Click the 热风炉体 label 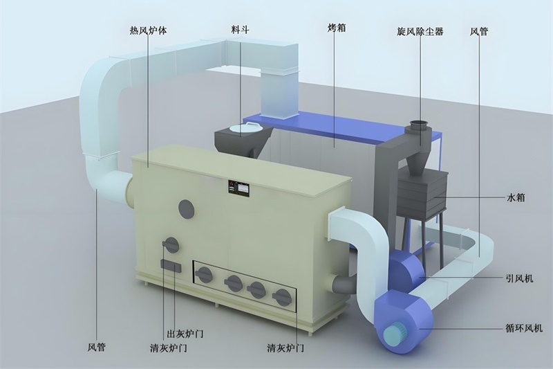pos(148,30)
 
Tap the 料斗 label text pos(240,30)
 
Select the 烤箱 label pos(337,28)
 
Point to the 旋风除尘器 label pos(420,31)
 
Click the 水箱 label pos(516,198)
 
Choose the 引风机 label pos(520,278)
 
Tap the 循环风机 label pos(524,328)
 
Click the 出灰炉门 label pos(185,333)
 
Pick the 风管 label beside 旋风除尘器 pos(479,31)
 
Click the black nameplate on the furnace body pos(239,188)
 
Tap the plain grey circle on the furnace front pos(187,209)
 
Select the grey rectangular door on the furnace pos(171,266)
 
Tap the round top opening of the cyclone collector pos(420,125)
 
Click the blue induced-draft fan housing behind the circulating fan pos(406,267)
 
